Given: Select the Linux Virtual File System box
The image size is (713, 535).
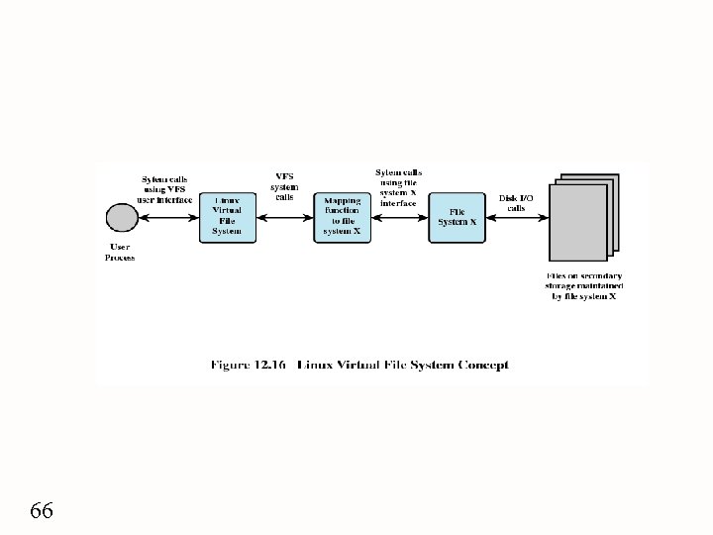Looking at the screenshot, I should (226, 216).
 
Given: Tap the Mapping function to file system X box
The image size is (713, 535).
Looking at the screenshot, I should (342, 216).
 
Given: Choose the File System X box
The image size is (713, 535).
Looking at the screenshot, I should (457, 216).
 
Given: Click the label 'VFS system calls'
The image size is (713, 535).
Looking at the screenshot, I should (283, 186).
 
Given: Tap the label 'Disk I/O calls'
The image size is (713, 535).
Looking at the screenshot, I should (516, 203).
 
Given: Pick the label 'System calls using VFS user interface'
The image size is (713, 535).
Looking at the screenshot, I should (164, 183).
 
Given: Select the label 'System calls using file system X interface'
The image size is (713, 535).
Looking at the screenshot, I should (398, 187).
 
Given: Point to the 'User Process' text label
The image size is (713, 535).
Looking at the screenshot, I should (120, 252).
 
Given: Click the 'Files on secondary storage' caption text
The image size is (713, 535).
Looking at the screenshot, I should (583, 285).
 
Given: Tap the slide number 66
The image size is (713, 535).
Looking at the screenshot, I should (42, 511).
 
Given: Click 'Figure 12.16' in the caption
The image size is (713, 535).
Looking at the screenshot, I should (248, 365).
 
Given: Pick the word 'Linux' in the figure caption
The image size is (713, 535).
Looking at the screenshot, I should (318, 365).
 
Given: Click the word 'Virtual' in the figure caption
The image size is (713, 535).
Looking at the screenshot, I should (364, 365).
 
